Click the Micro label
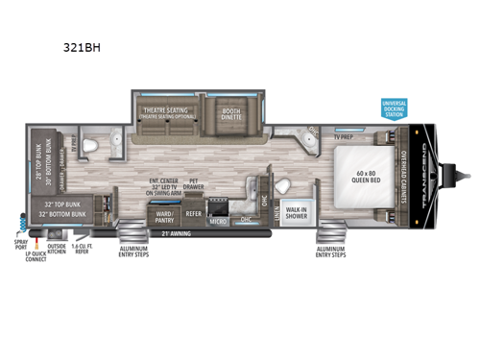(x=218, y=220)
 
